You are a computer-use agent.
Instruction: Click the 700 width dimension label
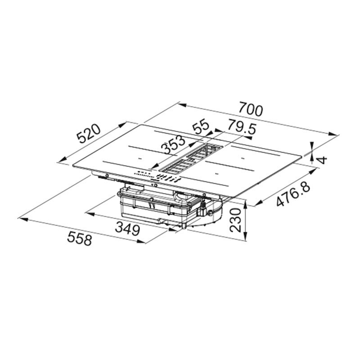tap(251, 109)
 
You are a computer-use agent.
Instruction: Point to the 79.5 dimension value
tap(241, 128)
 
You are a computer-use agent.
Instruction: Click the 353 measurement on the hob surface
tap(174, 144)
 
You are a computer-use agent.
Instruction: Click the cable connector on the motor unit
tap(203, 209)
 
